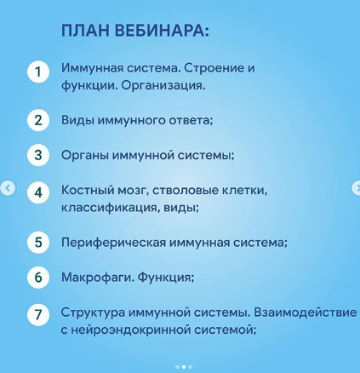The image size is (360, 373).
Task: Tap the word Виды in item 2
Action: pyautogui.click(x=77, y=120)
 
